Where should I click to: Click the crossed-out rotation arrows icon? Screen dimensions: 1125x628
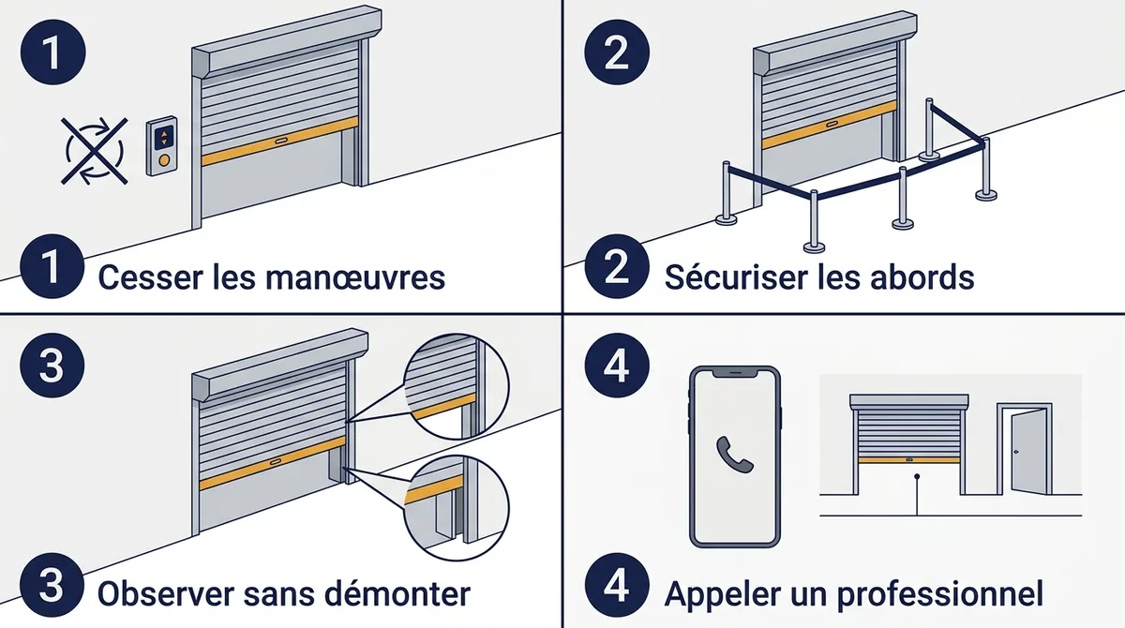coord(95,151)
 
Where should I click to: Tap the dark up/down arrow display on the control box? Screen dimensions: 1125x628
coord(164,138)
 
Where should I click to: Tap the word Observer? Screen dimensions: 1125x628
coord(166,593)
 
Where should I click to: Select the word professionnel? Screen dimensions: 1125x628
coord(944,595)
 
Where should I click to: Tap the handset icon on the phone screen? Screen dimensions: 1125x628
coord(734,455)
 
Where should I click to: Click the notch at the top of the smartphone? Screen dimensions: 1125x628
coord(735,373)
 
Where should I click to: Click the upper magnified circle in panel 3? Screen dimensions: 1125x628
coord(457,386)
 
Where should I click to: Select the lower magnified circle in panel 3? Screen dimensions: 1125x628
coord(457,507)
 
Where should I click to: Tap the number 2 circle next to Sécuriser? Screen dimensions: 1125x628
coord(617,266)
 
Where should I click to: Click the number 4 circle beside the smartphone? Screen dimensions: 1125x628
coord(617,366)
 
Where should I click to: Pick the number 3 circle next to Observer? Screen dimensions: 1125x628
coord(52,585)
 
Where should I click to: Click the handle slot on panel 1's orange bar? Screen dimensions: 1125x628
coord(281,141)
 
